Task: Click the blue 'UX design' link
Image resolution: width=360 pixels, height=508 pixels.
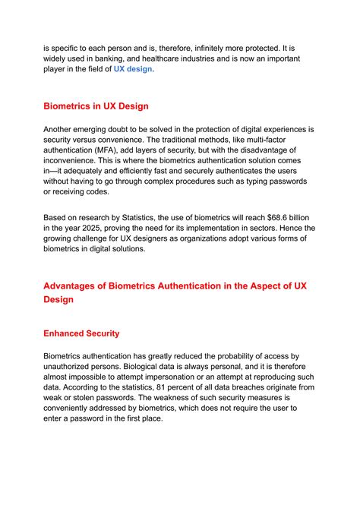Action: click(133, 69)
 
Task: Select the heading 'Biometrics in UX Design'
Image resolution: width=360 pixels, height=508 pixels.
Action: click(96, 106)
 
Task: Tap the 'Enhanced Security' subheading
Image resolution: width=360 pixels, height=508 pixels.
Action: click(81, 333)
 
